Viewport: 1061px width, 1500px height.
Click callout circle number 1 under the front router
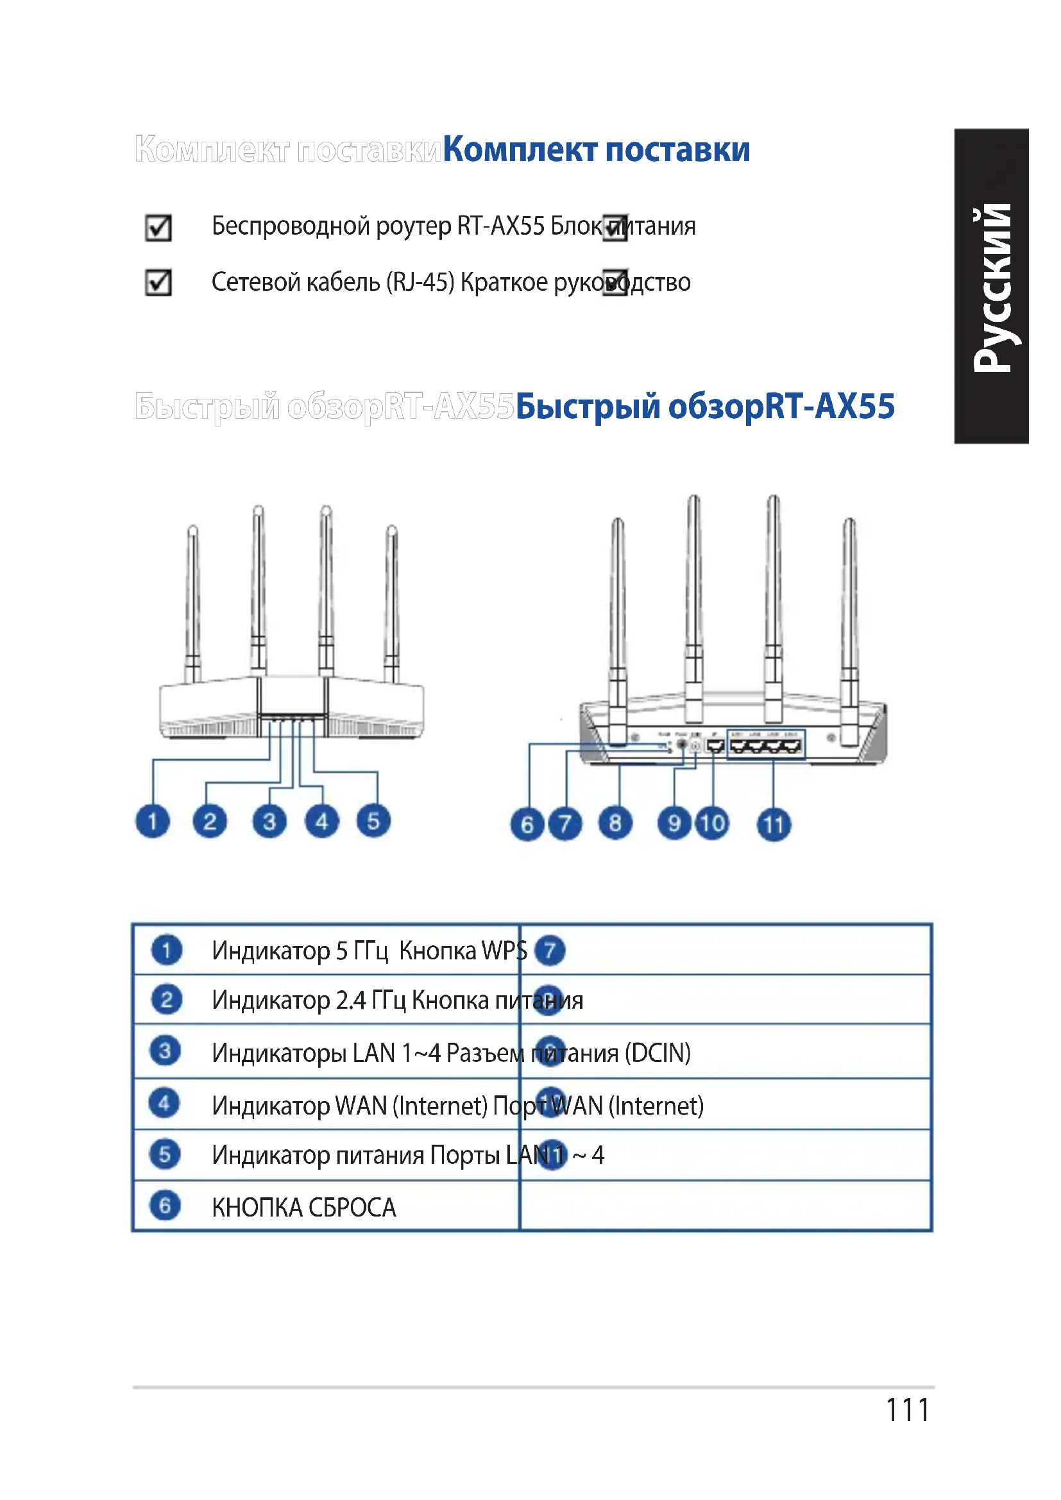pos(152,822)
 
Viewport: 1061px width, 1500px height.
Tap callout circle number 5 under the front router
pos(374,822)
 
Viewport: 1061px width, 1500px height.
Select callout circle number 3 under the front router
pos(269,822)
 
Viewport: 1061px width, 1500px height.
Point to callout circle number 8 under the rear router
pos(615,823)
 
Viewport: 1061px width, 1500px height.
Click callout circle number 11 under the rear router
pos(774,825)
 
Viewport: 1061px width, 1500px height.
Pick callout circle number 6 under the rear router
pos(527,825)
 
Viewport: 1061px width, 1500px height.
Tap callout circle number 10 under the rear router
pos(712,823)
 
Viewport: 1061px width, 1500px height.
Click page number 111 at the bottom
pos(908,1410)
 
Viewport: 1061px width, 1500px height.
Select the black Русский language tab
pos(992,287)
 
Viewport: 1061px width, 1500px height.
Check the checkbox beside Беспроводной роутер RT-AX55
pos(158,228)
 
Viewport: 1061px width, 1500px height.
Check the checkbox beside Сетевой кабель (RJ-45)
pos(158,283)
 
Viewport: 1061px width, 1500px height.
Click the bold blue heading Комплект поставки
pos(597,149)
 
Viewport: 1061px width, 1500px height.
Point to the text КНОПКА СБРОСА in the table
pos(304,1208)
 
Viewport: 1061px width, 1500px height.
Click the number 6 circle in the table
pos(165,1206)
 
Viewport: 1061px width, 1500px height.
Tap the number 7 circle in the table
pos(550,950)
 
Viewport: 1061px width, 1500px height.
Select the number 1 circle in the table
pos(166,950)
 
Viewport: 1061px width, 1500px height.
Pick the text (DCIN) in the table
pos(658,1053)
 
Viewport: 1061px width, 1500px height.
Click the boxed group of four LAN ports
pos(766,745)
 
